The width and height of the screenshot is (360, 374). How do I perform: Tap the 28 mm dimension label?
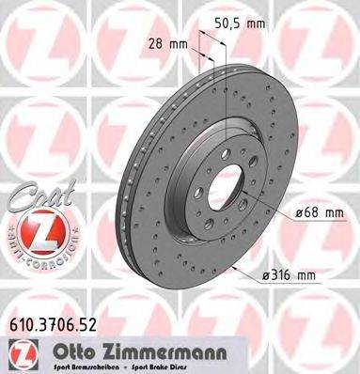167,43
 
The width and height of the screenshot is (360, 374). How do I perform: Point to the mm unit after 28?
178,43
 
